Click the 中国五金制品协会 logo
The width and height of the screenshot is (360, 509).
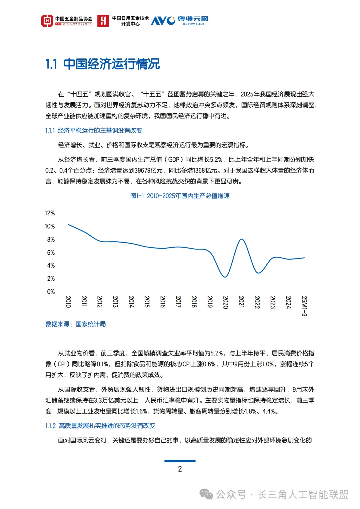(x=67, y=21)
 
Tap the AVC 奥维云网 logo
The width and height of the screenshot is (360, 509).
(x=180, y=21)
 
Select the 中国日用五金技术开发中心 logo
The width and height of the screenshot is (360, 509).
(x=123, y=21)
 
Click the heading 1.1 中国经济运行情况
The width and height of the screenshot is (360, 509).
(x=102, y=64)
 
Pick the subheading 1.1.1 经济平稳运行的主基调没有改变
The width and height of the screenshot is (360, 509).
(x=94, y=130)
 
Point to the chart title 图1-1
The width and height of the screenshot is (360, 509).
(x=180, y=196)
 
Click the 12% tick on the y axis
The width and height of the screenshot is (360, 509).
(x=50, y=213)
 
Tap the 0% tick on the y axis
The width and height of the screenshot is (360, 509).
(x=51, y=292)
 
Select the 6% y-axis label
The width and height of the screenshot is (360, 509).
(x=51, y=253)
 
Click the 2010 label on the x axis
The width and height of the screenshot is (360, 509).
(x=68, y=302)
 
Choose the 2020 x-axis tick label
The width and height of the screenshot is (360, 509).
(x=225, y=302)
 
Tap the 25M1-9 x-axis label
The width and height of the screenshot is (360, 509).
(x=304, y=306)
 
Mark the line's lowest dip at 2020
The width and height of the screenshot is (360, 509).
(x=225, y=277)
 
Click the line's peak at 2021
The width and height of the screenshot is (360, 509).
(x=242, y=239)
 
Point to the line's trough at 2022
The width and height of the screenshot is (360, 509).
(x=258, y=273)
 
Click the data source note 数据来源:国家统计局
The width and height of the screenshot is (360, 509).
(x=76, y=324)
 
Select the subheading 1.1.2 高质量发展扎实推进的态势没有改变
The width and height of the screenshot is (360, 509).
(x=100, y=426)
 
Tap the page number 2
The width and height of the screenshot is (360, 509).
(x=180, y=469)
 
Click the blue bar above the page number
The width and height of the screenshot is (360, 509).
(x=180, y=461)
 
